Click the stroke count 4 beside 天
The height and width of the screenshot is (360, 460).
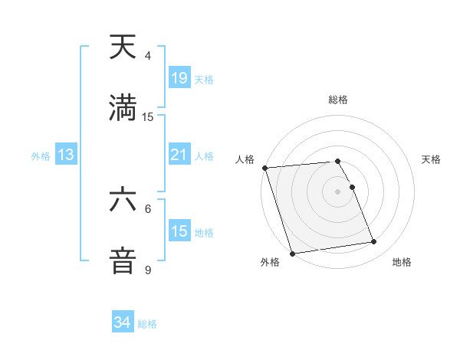pos(148,56)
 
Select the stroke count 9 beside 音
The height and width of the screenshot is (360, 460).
pos(148,270)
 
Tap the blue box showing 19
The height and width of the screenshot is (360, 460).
pos(179,78)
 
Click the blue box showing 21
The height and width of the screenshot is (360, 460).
pos(179,155)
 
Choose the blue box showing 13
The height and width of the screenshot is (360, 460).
pos(66,155)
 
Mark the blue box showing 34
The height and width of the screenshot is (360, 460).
pos(123,322)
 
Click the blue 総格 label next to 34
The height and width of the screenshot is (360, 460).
pos(147,324)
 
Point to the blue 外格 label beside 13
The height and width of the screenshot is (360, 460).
pos(41,156)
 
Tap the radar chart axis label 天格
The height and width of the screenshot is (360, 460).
pos(432,159)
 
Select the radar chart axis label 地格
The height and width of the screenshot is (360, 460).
pos(402,263)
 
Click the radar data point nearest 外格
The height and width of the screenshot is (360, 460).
pos(291,253)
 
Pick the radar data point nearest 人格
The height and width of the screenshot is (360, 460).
pos(265,168)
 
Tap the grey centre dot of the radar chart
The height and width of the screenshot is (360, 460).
pos(338,191)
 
